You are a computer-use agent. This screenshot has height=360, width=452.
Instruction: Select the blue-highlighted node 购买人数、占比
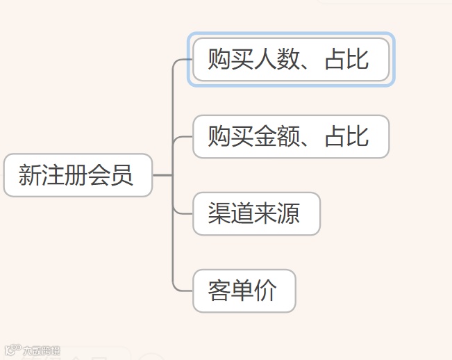click(290, 60)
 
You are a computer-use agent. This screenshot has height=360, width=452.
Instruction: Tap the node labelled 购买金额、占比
click(290, 136)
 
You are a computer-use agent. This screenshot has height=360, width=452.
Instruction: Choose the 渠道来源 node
click(256, 213)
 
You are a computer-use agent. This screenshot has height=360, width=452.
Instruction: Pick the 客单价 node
click(244, 291)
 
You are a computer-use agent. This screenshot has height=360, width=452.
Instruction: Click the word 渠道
click(231, 213)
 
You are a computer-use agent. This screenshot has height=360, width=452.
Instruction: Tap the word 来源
click(277, 213)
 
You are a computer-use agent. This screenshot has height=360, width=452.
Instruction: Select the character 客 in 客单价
click(220, 291)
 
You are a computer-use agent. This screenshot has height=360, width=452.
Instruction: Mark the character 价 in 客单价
click(266, 291)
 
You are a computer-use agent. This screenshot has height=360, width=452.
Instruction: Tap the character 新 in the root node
click(30, 175)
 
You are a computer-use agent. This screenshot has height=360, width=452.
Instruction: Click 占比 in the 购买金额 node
click(346, 136)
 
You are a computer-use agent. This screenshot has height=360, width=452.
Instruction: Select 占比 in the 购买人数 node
click(346, 60)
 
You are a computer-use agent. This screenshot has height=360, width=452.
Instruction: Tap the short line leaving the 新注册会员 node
click(161, 175)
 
